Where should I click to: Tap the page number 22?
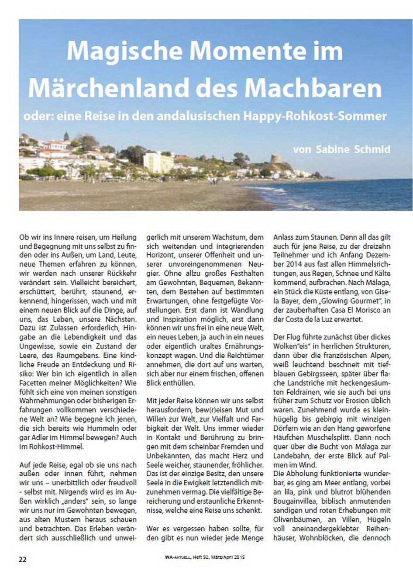tap(22, 559)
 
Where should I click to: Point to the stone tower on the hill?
tap(276, 159)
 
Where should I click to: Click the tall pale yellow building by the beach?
tap(158, 163)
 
